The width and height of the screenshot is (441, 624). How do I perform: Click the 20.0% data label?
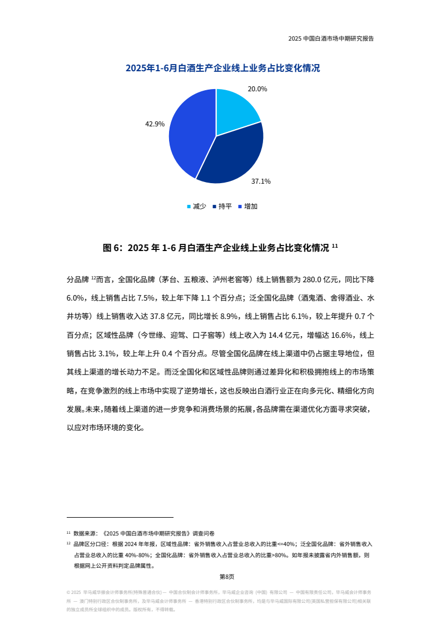point(257,89)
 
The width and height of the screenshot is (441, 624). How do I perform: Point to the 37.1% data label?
point(261,181)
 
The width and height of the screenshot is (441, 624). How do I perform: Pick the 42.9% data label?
point(155,124)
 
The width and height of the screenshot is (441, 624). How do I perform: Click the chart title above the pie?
point(222,68)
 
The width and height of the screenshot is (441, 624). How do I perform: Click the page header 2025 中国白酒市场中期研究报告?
point(331,39)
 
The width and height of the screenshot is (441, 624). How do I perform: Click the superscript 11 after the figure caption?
point(335,246)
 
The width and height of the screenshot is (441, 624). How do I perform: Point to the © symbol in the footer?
point(68,593)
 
